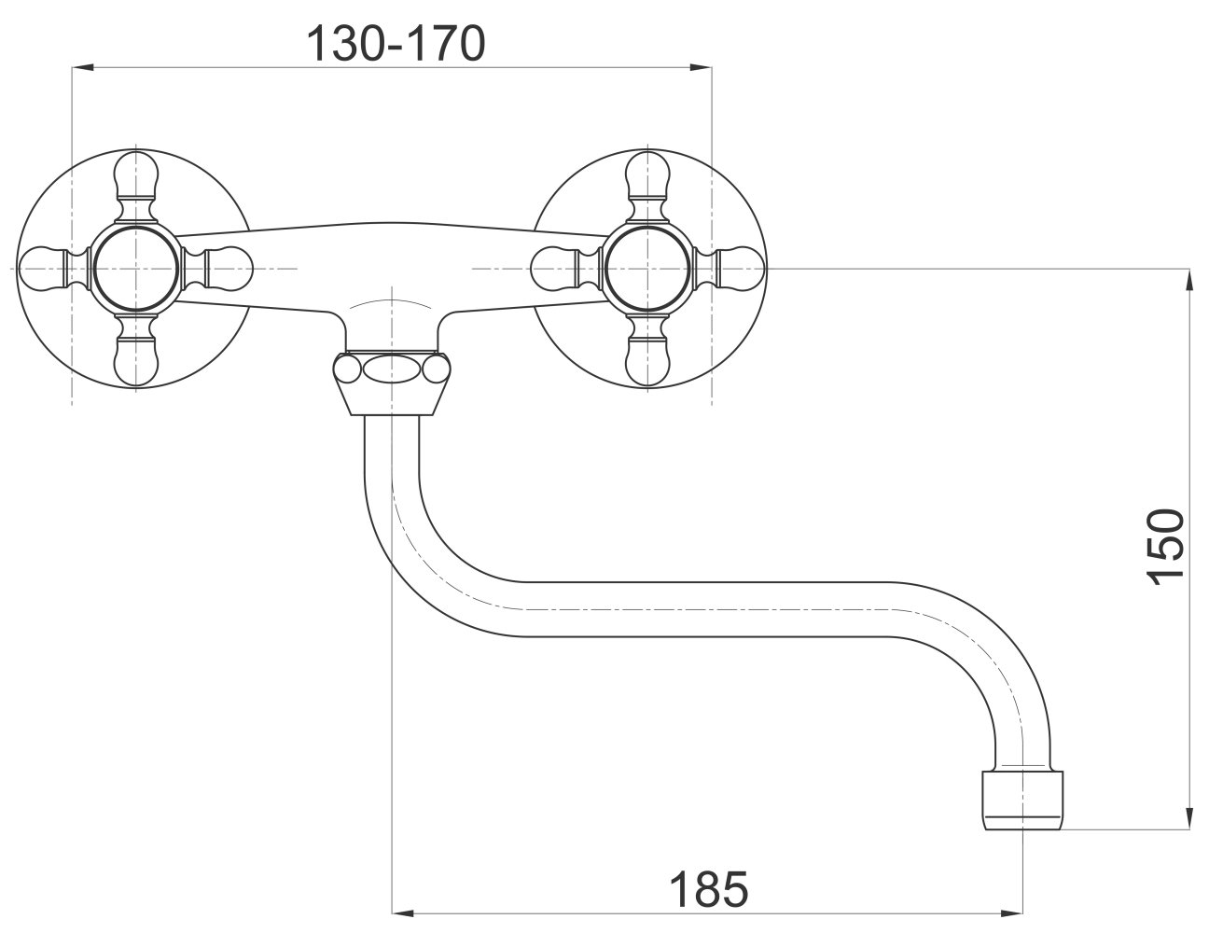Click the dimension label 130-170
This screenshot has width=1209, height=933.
coord(396,44)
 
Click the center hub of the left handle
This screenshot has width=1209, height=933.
coord(136,269)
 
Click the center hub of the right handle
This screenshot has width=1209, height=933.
coord(648,269)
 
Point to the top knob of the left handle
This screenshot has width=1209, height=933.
coord(136,177)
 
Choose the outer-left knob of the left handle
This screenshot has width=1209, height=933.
coord(44,269)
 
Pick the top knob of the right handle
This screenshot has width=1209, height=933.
coord(648,177)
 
